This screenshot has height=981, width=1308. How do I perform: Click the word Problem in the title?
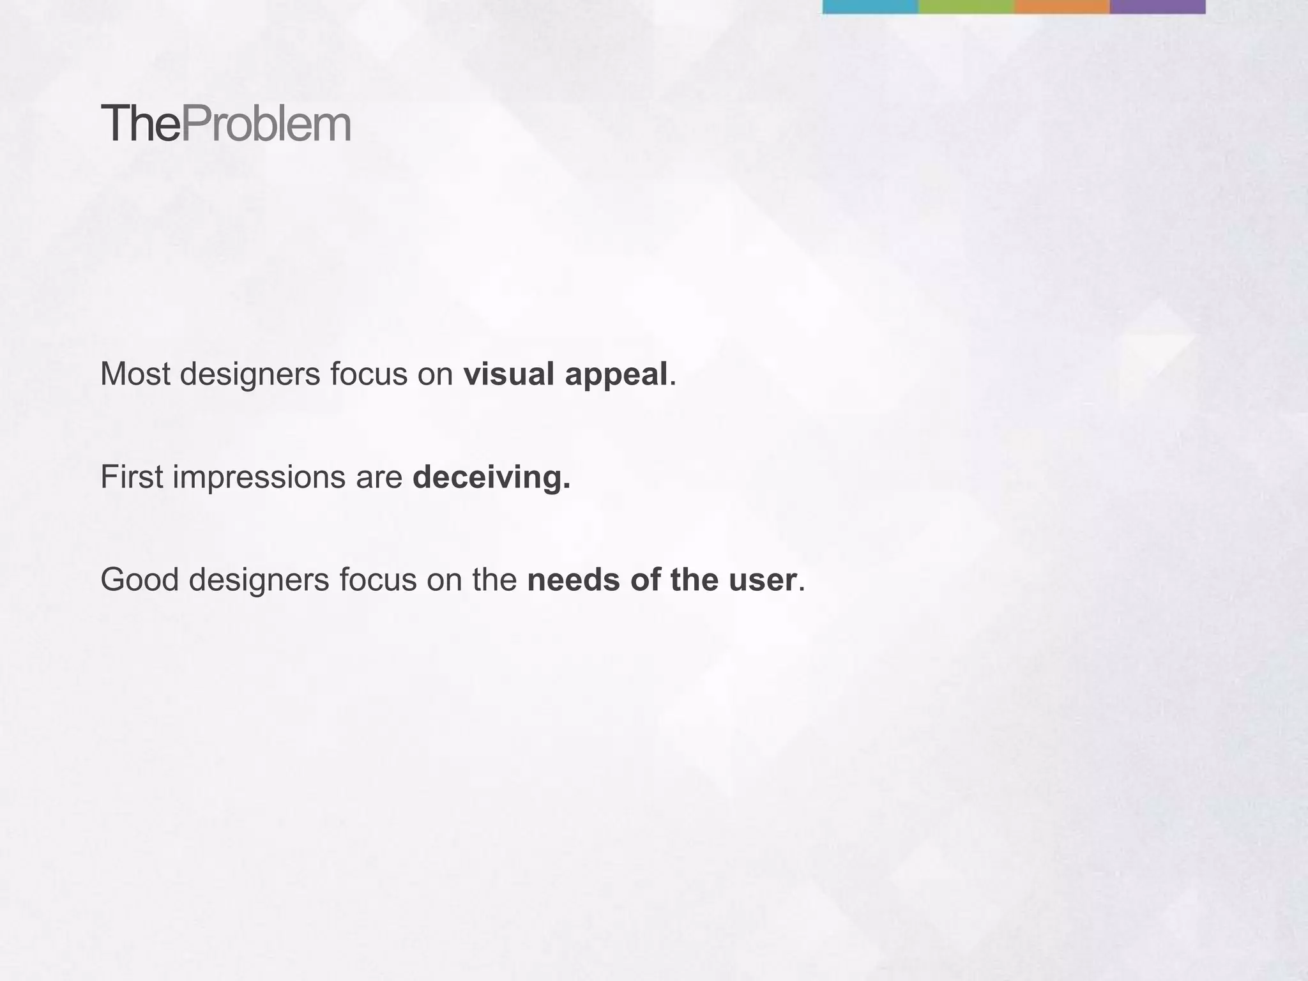pyautogui.click(x=266, y=125)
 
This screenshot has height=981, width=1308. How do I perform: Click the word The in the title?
pyautogui.click(x=140, y=125)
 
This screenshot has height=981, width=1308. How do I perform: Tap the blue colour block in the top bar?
pyautogui.click(x=870, y=6)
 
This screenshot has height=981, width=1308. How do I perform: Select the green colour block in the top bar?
pyautogui.click(x=966, y=6)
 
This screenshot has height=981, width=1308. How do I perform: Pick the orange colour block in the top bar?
pyautogui.click(x=1061, y=6)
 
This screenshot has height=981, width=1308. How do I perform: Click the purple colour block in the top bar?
pyautogui.click(x=1157, y=6)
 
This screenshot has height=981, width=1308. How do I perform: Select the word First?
pyautogui.click(x=132, y=477)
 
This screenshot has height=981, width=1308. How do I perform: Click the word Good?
pyautogui.click(x=139, y=581)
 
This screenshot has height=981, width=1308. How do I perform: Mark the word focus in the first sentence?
pyautogui.click(x=369, y=374)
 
